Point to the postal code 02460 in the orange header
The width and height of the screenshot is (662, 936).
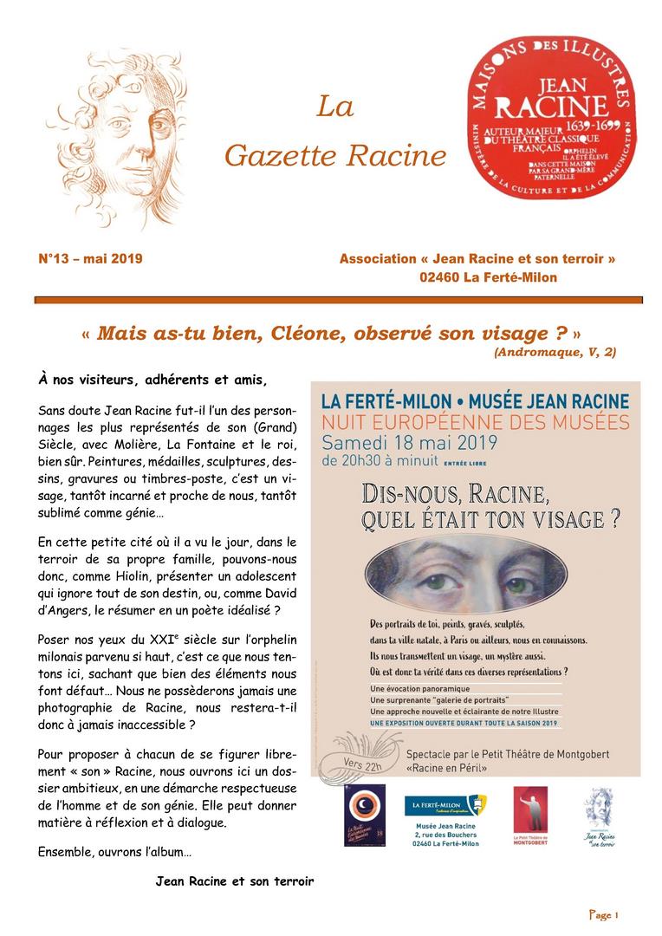(438, 277)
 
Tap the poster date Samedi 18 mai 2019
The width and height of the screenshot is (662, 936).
(408, 444)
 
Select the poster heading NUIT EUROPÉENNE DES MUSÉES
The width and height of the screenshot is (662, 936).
(474, 423)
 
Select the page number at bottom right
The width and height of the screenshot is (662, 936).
(604, 914)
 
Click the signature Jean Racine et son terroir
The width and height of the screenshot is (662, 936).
(234, 881)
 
